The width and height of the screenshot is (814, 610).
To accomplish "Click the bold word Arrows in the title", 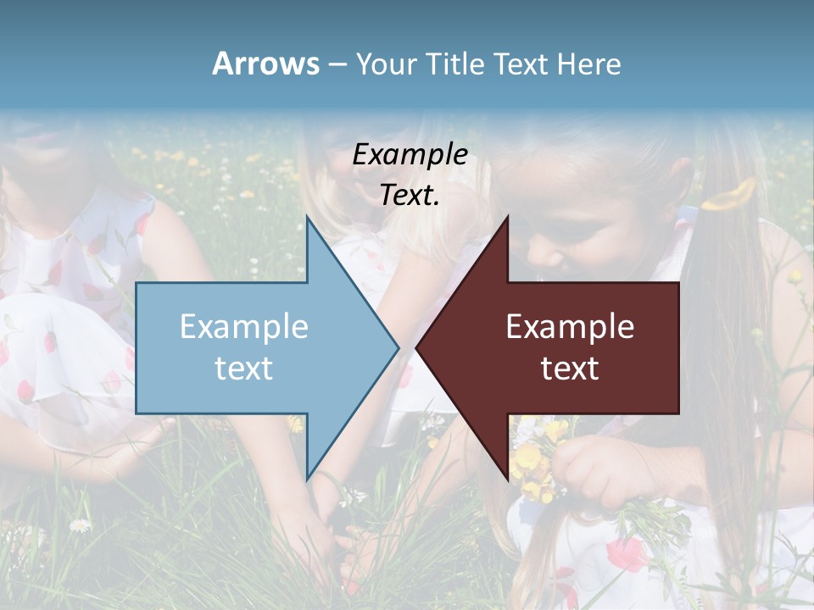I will tap(265, 64).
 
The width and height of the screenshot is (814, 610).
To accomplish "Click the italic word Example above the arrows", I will tap(410, 155).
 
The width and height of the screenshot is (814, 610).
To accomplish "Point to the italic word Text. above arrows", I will tap(410, 196).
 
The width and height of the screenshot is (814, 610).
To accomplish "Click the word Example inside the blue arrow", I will tap(243, 327).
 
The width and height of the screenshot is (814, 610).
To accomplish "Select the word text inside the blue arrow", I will tap(243, 369).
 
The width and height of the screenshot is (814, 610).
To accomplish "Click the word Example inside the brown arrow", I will tap(570, 327).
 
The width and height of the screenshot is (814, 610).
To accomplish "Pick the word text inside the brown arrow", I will tap(570, 369).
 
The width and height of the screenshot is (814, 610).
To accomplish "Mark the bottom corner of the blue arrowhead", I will tap(308, 477).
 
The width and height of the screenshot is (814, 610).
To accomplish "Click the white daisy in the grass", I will tap(79, 525).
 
